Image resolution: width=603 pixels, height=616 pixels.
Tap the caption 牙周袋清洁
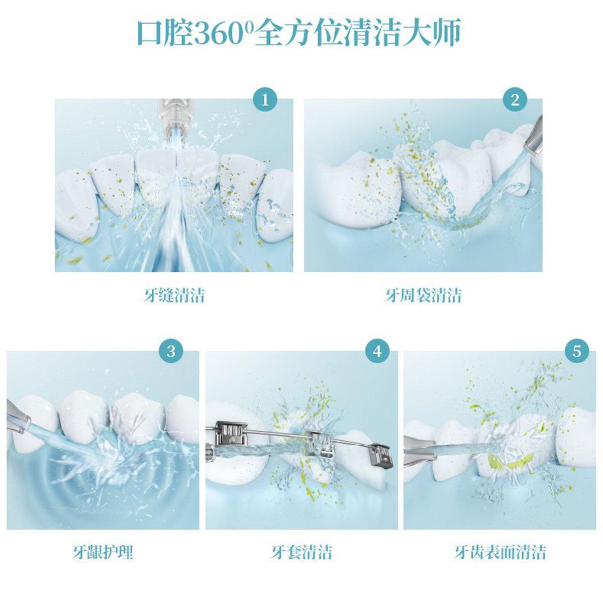(x=423, y=295)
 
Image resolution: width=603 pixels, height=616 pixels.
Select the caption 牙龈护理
(x=103, y=552)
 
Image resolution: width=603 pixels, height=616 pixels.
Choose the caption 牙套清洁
(x=301, y=552)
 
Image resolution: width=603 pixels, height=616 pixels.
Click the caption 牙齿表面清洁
(x=500, y=552)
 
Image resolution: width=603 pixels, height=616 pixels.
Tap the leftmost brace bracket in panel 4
(x=231, y=435)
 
